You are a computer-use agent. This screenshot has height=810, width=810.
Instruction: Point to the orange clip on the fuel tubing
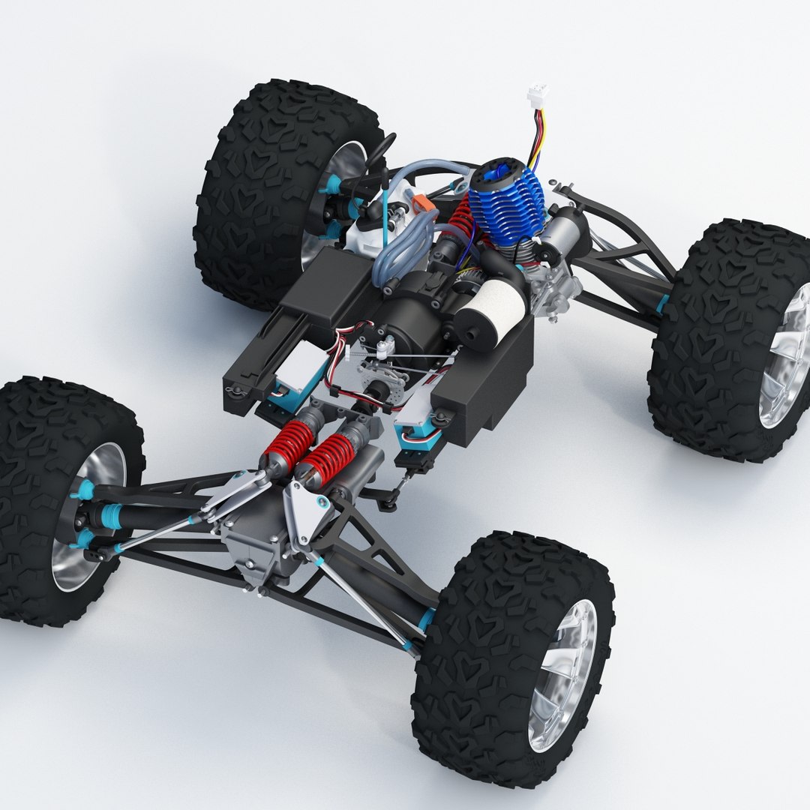pos(421,203)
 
